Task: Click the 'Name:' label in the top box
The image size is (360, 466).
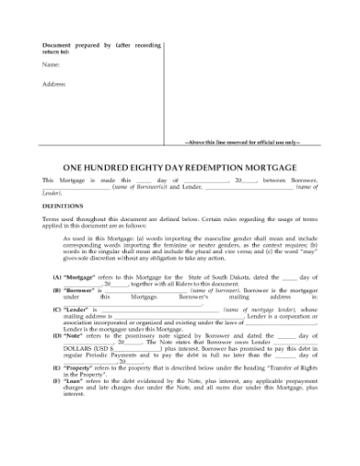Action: click(51, 65)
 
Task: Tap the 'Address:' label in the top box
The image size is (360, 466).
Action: click(55, 85)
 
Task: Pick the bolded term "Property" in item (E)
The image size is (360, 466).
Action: click(79, 368)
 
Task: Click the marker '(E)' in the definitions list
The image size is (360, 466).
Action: click(57, 368)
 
